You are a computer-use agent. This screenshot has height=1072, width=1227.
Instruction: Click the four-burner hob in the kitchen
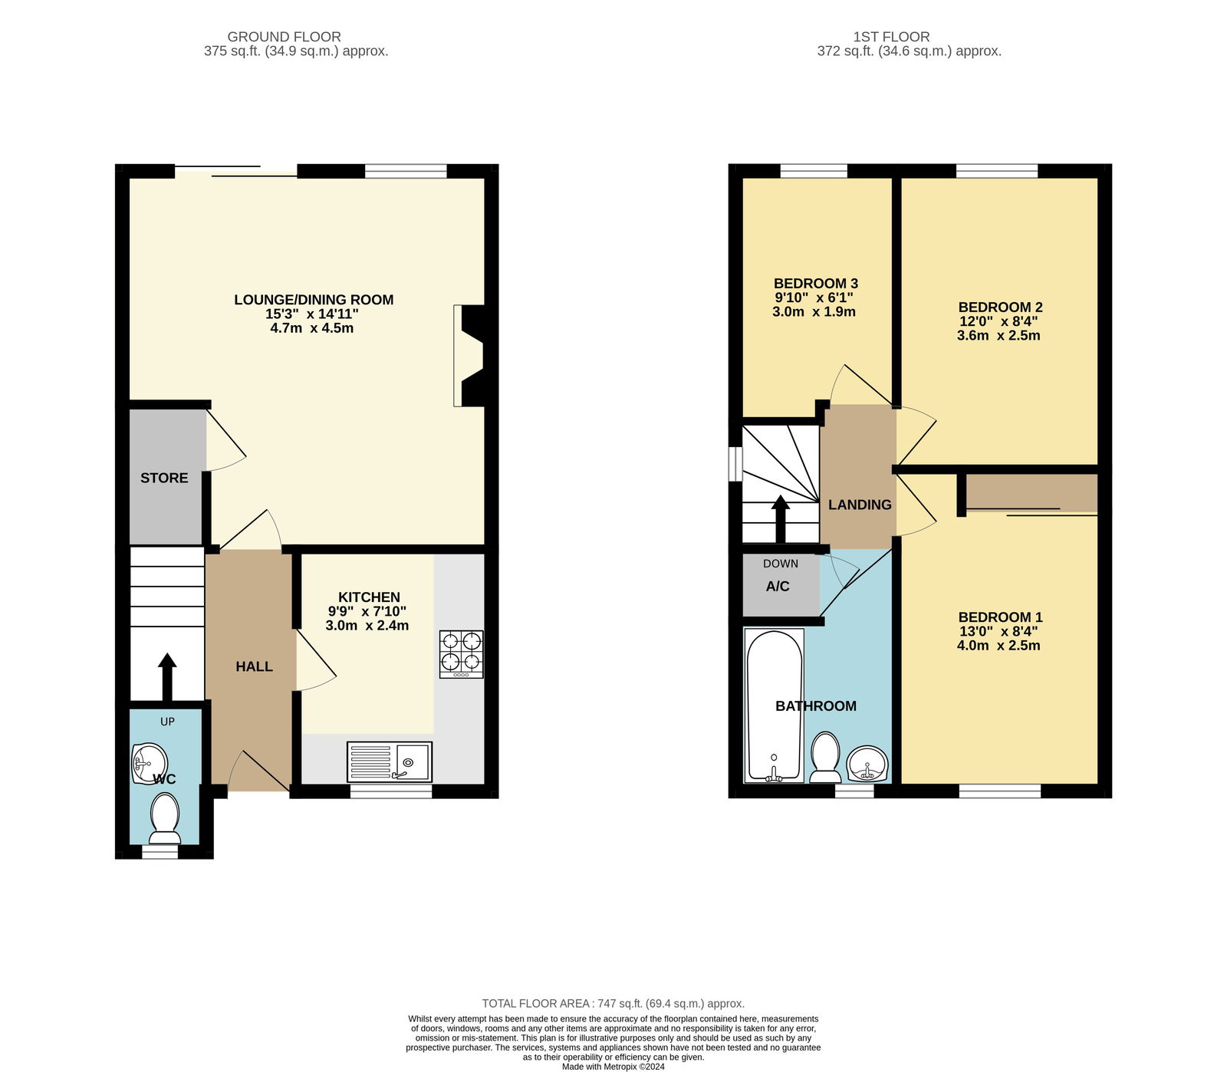pos(461,653)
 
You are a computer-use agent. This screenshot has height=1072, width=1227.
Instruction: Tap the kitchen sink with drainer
pos(389,761)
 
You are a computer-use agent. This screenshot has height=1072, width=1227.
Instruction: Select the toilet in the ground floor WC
pos(165,818)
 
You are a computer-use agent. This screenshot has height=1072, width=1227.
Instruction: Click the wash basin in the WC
pos(148,763)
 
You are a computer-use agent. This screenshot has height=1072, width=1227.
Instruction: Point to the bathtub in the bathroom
pos(774,705)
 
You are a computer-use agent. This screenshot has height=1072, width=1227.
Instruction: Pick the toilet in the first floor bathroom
pos(825,756)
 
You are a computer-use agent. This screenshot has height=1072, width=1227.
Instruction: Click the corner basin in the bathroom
pos(867,764)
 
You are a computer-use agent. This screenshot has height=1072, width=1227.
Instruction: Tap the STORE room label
pos(164,478)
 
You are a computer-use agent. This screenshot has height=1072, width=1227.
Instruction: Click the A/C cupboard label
pos(777,586)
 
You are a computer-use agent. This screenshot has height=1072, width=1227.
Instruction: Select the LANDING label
pos(860,505)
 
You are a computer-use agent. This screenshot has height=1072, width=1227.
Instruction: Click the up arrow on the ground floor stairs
pos(166,675)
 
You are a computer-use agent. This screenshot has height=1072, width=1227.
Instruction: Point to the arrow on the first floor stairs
pos(780,518)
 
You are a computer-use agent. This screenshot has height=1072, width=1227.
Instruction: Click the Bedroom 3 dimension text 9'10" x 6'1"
pos(814,298)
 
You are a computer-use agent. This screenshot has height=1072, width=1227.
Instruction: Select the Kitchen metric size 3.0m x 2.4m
pos(367,626)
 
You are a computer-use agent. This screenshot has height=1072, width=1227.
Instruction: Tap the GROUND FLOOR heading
pos(284,36)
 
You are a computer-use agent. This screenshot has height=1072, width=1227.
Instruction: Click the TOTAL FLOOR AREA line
pos(613,1003)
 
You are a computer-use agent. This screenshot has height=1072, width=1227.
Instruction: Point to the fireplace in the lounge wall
pos(469,355)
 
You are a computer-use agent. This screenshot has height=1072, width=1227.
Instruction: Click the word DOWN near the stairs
pos(780,564)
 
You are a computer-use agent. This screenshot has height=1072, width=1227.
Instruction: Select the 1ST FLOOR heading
pos(891,36)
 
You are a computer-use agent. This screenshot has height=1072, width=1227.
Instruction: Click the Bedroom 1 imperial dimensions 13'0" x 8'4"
pos(998,631)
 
